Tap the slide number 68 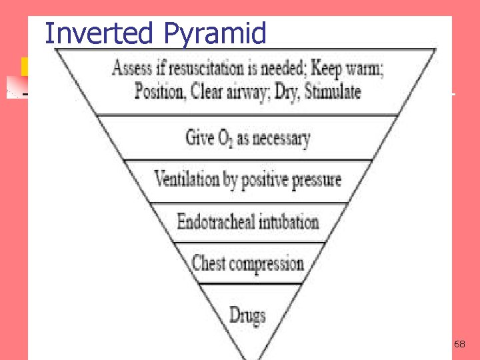click(x=459, y=344)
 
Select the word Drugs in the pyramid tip click(x=247, y=314)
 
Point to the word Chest click(x=208, y=263)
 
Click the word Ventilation click(x=187, y=179)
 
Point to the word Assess click(x=133, y=69)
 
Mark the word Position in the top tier click(x=159, y=91)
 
